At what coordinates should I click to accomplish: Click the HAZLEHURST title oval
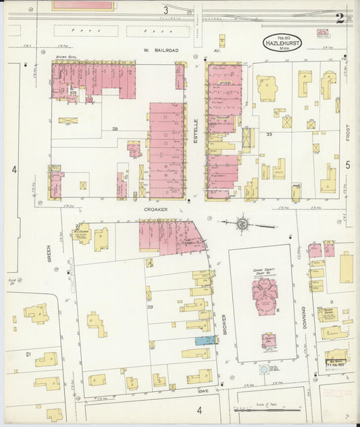[283, 42]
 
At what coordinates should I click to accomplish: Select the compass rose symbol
[242, 222]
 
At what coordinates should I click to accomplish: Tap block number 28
[115, 128]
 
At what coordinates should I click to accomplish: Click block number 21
[28, 353]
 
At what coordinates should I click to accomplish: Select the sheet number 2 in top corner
[339, 18]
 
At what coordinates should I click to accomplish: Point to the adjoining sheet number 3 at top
[165, 10]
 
